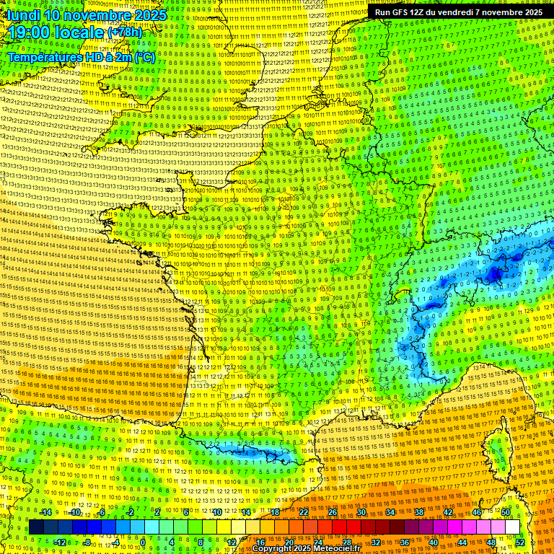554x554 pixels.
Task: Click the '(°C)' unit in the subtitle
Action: click(x=142, y=56)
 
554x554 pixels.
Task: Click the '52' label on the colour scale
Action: click(x=520, y=542)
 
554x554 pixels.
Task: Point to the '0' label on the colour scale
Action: click(x=143, y=542)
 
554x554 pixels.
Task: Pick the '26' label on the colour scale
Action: click(x=333, y=512)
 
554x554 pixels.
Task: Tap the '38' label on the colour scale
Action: click(x=419, y=512)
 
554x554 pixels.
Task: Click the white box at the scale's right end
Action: click(x=513, y=527)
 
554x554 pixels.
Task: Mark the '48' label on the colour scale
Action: click(x=491, y=542)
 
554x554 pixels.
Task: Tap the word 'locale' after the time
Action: click(x=79, y=33)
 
